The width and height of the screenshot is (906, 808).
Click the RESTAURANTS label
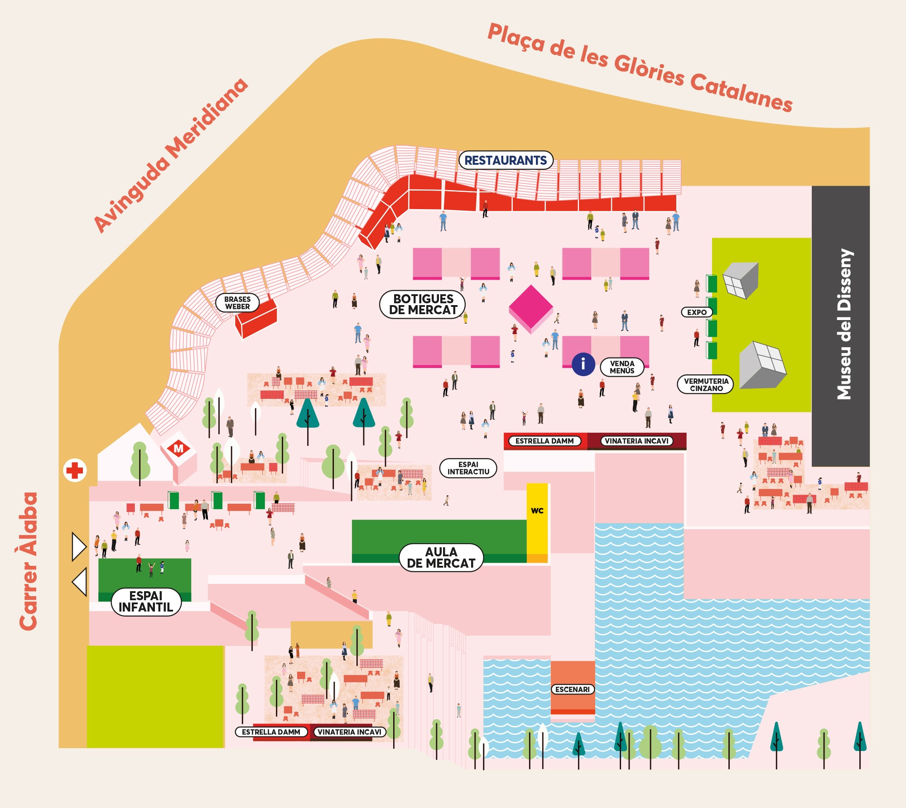point(506,160)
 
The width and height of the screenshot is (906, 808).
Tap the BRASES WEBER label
point(237,303)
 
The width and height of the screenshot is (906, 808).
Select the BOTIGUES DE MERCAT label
point(423,305)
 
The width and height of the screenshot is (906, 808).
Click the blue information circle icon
point(583,364)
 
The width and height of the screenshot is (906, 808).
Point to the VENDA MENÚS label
point(622,367)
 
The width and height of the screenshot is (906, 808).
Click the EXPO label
point(697,312)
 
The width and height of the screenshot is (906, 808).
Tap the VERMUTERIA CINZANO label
point(706,385)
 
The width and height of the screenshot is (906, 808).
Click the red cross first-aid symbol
point(75,471)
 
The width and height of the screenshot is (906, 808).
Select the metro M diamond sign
point(178,448)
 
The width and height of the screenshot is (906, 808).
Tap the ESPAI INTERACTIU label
point(468,468)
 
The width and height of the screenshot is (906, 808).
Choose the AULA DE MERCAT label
point(441,558)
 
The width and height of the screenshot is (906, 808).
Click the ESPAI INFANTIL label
point(146,602)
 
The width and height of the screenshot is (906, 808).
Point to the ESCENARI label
point(573,689)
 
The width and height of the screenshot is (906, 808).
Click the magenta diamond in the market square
point(531,307)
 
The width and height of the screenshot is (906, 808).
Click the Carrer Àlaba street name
point(29,561)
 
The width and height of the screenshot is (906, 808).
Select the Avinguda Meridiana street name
point(171,155)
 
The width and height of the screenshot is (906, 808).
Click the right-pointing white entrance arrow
point(79,546)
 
